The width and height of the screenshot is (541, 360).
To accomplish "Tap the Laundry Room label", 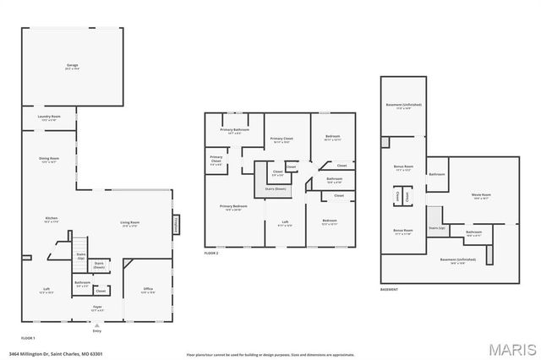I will [48, 118].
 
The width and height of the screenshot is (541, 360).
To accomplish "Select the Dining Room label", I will [48, 160].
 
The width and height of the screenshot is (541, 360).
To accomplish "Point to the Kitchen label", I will [52, 220].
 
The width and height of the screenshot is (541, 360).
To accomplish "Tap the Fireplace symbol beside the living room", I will [176, 223].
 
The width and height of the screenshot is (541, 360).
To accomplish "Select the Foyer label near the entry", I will [97, 308].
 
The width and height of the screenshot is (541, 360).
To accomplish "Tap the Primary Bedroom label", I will [232, 208].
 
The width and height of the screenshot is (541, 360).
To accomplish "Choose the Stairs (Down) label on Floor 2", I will [274, 188].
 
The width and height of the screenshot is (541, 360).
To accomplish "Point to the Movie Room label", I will [481, 197].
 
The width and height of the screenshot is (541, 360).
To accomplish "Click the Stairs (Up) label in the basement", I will [436, 228].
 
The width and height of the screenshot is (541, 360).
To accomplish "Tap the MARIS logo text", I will [508, 348].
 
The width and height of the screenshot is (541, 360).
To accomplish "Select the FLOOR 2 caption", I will [211, 254].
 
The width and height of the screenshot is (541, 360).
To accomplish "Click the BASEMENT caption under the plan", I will [389, 288].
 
